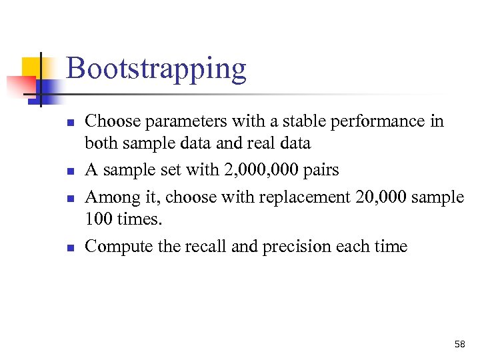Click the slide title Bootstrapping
coord(156,69)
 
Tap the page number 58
coord(459,344)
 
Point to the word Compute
coord(119,247)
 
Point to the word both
coord(100,143)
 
